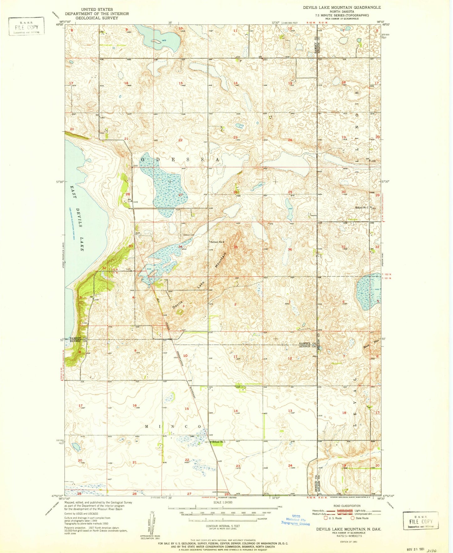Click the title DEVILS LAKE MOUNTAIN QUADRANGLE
tap(342, 7)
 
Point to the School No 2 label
tap(218, 242)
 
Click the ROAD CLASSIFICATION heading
tap(347, 506)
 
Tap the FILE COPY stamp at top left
tap(26, 27)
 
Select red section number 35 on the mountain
tap(235, 247)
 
